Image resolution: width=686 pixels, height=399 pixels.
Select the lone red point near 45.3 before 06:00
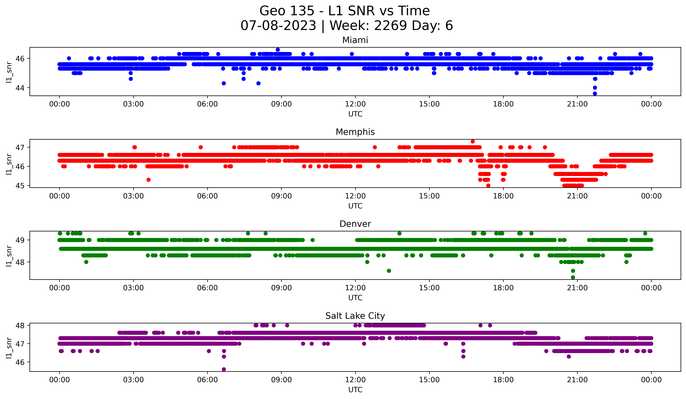point(148,180)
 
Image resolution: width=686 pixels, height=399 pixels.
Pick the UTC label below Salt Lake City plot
point(355,390)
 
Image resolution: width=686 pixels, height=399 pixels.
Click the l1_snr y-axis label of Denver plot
point(9,256)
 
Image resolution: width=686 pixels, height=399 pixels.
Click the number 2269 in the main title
point(391,26)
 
